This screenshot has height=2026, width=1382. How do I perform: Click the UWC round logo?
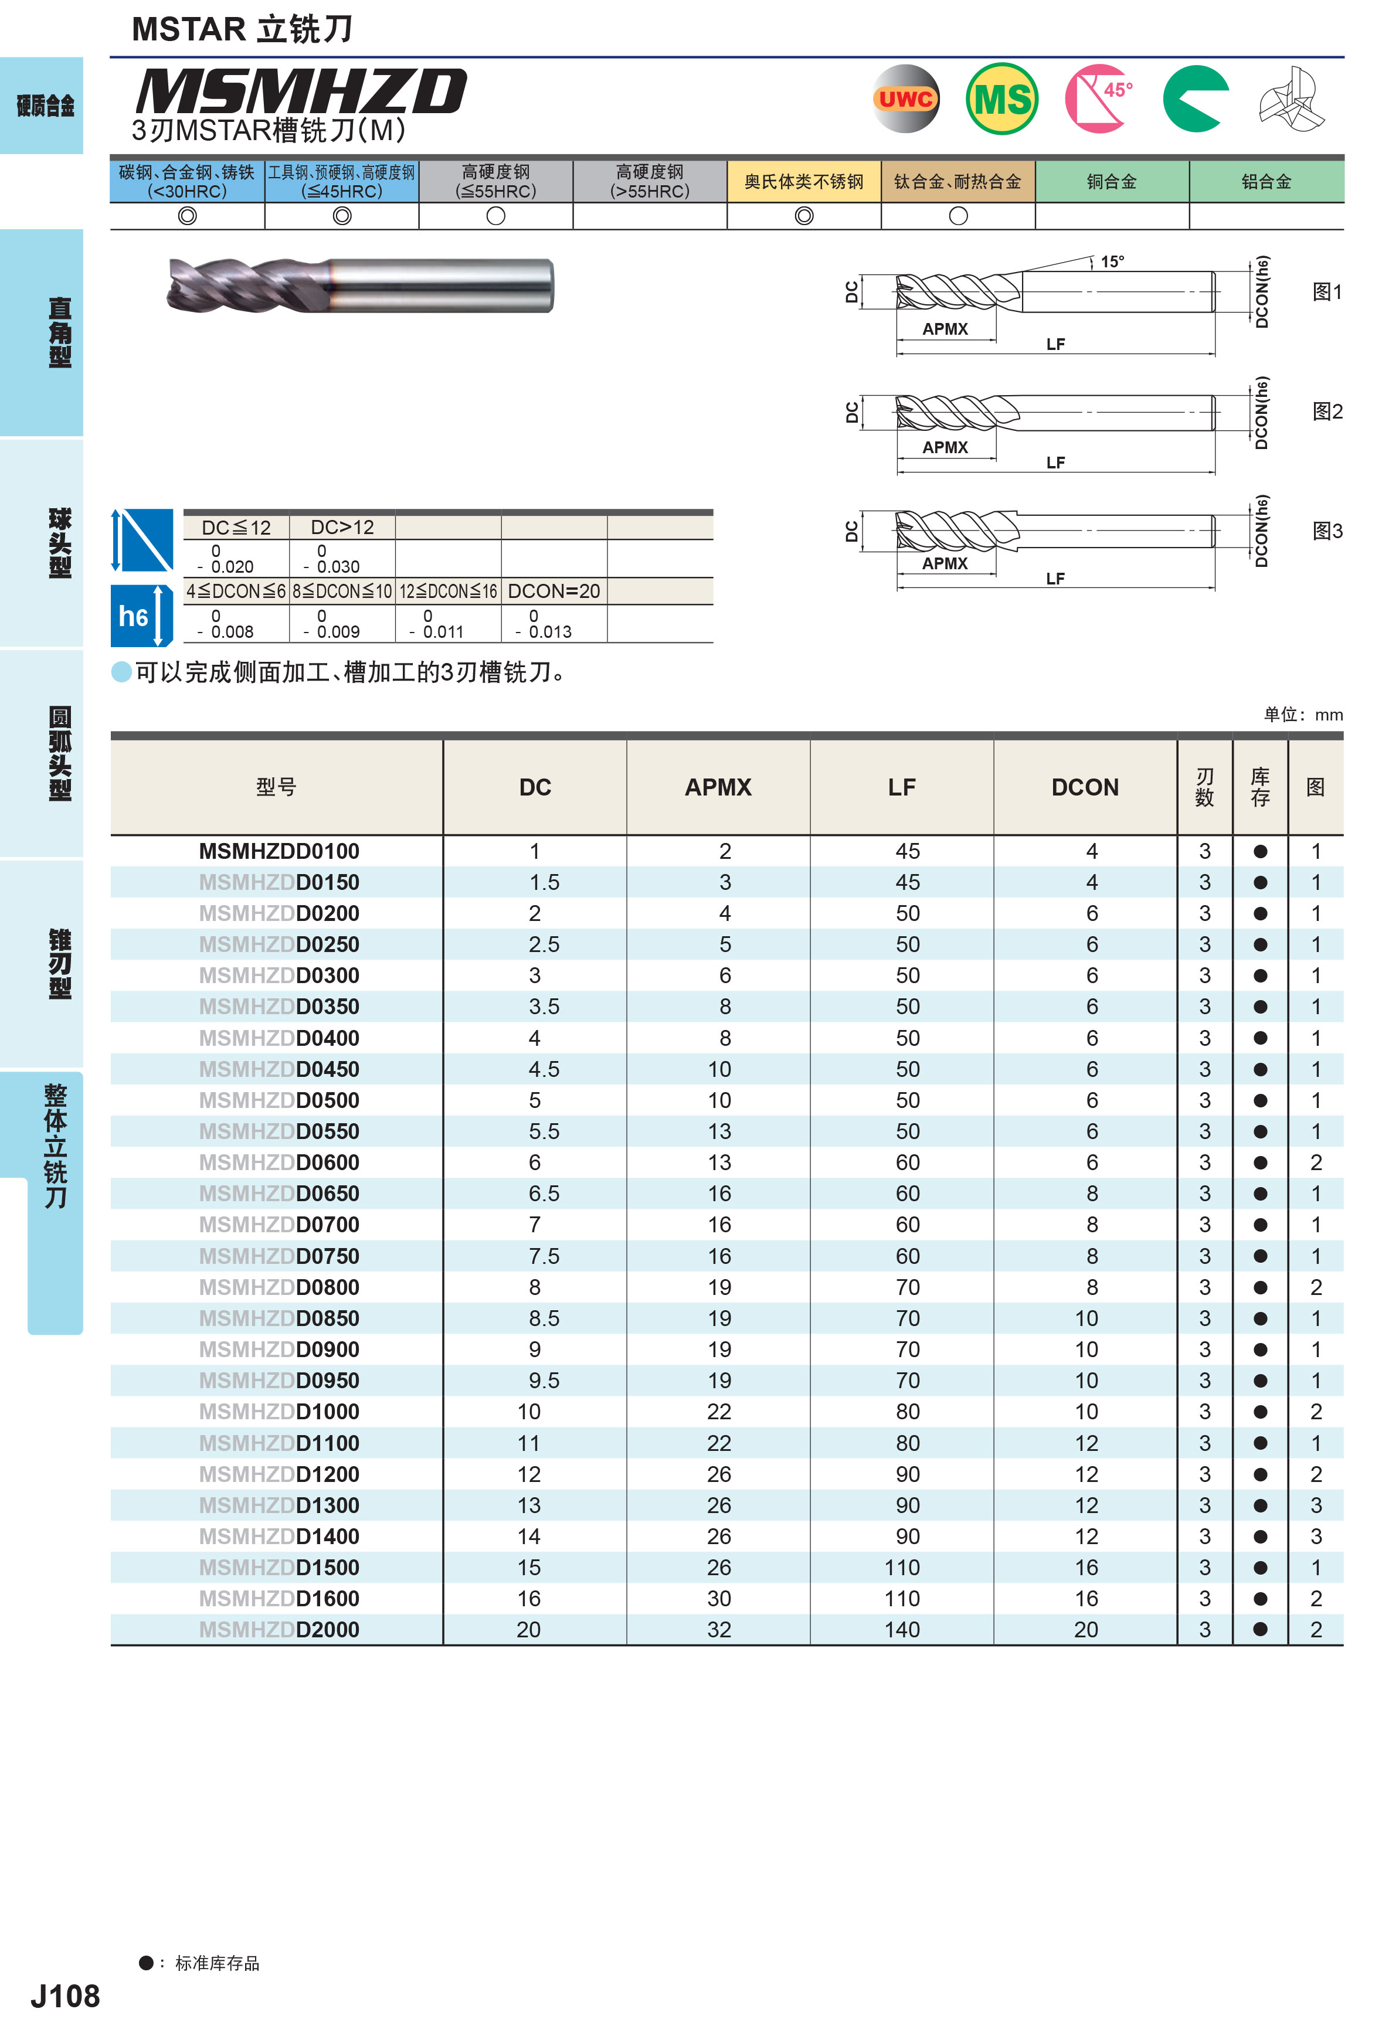[906, 98]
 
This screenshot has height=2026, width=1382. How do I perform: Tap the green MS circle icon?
[1002, 98]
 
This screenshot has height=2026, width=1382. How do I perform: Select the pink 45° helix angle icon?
[1099, 98]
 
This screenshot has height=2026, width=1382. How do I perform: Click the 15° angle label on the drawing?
[1112, 261]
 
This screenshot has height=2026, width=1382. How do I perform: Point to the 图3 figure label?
[1327, 531]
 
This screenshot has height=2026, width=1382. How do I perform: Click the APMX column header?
[718, 787]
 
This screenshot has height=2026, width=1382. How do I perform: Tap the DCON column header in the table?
[1085, 787]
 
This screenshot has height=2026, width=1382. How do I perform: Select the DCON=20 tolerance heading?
[554, 591]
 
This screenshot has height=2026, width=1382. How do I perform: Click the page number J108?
[66, 1996]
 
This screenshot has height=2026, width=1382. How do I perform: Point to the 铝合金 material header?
[1266, 181]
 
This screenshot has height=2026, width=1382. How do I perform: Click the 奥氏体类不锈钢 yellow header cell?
[803, 181]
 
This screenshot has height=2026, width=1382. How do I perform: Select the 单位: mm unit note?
[1303, 715]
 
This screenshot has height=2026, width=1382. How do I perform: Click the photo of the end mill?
[359, 285]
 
